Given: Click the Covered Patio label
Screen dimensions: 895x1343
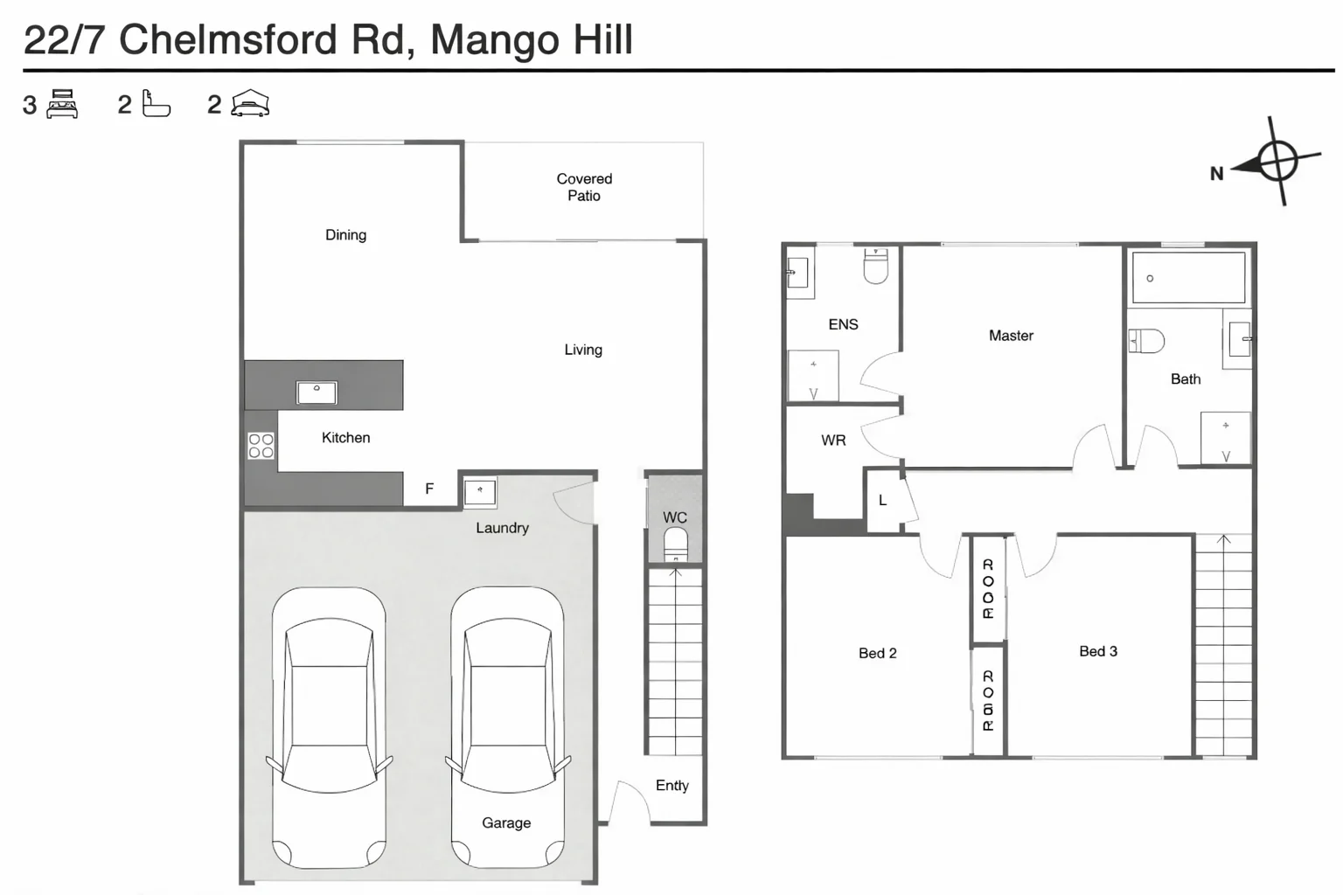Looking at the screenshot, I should [x=584, y=187].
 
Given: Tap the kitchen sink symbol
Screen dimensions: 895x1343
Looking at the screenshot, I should [x=317, y=392].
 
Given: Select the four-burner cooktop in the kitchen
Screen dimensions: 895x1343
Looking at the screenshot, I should [x=261, y=446].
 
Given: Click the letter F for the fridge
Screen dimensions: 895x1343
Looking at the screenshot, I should [x=429, y=489].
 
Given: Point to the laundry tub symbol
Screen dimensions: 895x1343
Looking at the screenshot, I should [x=479, y=492].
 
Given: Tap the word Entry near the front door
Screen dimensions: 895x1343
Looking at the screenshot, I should [x=671, y=786].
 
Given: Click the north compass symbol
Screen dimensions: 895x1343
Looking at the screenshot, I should [x=1277, y=162].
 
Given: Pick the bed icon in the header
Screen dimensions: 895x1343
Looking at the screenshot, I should [x=62, y=104].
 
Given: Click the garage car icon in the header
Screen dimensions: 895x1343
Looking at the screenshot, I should [x=250, y=104].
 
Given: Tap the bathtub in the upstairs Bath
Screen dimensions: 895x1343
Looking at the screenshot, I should [x=1188, y=278].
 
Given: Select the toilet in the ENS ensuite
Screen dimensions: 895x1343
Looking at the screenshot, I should [x=875, y=266].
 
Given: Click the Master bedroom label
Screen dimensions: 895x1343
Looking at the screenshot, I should [x=1011, y=336].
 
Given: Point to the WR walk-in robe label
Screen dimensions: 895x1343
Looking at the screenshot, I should [x=833, y=441].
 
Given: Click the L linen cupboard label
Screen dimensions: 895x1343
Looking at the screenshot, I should [x=882, y=501].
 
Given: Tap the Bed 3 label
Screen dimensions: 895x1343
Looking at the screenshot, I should [x=1098, y=651].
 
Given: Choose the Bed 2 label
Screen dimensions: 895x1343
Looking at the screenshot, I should [x=877, y=653].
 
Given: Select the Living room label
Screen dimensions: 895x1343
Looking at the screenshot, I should [x=583, y=350].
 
